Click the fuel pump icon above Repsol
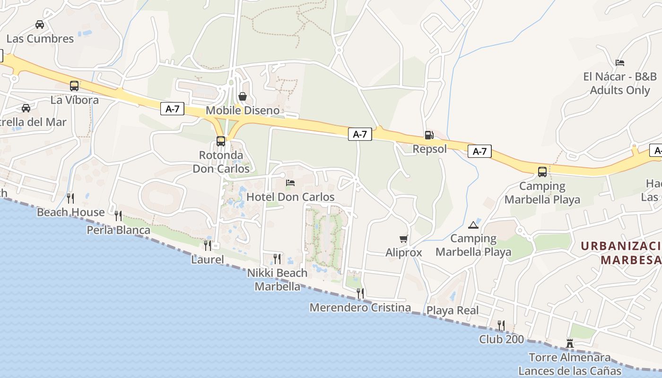(429, 135)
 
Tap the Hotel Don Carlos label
(290, 197)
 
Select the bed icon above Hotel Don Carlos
(290, 183)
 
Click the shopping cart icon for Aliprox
(403, 239)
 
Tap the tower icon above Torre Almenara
(570, 344)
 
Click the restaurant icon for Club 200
(501, 325)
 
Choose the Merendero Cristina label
(360, 308)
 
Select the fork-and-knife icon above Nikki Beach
(277, 259)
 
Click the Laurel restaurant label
(208, 259)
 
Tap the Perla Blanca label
(118, 230)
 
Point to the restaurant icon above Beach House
(70, 198)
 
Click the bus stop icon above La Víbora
(74, 86)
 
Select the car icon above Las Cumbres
(40, 25)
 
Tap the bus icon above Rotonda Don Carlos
(221, 141)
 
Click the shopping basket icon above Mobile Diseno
(243, 97)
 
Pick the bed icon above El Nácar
(619, 62)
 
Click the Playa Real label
(453, 310)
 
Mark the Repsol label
(429, 149)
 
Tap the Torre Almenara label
(569, 357)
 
